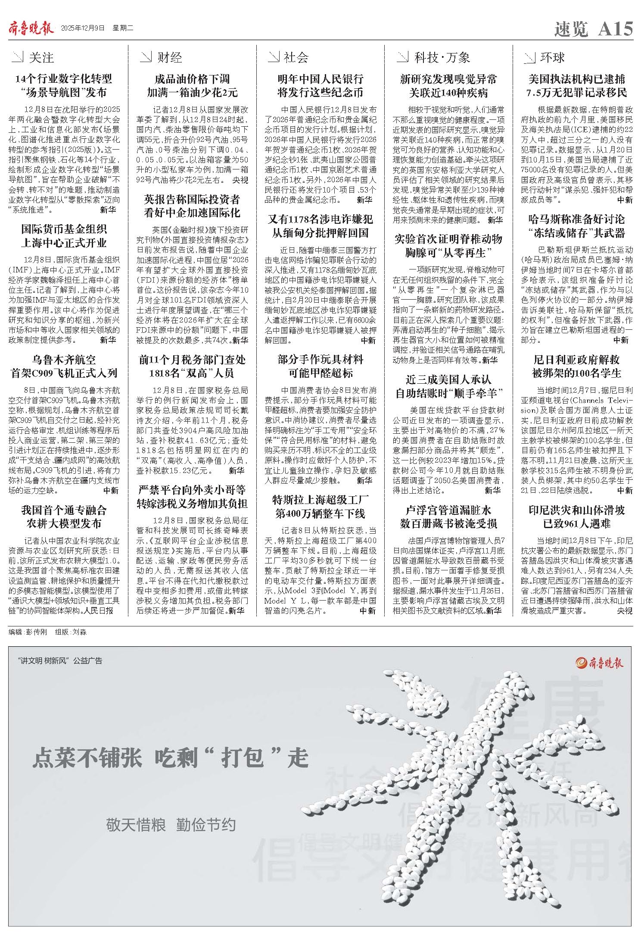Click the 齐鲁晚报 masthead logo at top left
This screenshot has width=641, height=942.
click(x=31, y=29)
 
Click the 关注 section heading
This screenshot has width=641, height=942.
click(x=41, y=57)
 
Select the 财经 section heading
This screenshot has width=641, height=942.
click(x=169, y=57)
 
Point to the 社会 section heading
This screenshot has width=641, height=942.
click(x=296, y=57)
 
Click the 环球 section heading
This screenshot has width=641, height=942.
click(x=552, y=57)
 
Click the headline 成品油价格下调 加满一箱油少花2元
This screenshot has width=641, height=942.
click(x=192, y=86)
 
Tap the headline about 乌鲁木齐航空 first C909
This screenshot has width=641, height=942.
click(x=64, y=366)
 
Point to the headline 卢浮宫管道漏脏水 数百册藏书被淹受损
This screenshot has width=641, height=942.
click(x=448, y=517)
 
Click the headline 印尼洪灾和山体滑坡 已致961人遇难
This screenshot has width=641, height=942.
click(x=577, y=517)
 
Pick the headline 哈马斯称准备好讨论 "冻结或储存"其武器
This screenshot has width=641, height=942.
click(x=577, y=226)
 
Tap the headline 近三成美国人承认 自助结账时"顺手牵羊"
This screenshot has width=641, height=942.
click(x=448, y=386)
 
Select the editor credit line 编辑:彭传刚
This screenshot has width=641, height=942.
click(x=28, y=632)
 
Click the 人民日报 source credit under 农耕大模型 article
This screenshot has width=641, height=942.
click(x=100, y=610)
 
